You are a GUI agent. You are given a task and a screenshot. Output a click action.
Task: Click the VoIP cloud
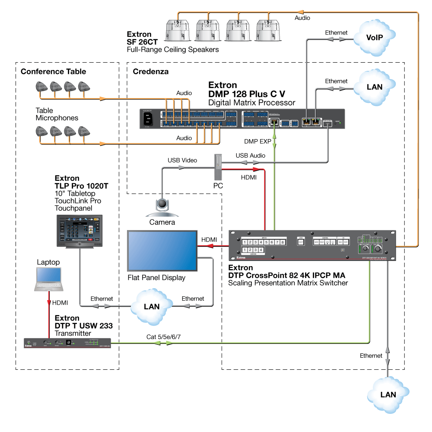click(x=375, y=37)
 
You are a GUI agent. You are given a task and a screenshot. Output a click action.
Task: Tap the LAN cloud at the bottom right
click(x=388, y=394)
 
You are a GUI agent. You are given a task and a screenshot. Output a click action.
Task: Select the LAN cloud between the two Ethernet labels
click(x=151, y=306)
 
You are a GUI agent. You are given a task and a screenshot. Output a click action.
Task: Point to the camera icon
click(x=162, y=206)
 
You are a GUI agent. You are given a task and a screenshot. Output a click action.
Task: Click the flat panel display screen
click(x=162, y=251)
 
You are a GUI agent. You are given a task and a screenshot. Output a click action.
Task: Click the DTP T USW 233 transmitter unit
click(x=67, y=343)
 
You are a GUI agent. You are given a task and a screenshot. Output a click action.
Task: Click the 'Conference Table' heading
click(x=53, y=71)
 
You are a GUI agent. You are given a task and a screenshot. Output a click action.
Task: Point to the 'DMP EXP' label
click(x=257, y=141)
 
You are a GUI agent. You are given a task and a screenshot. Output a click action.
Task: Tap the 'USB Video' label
click(x=182, y=160)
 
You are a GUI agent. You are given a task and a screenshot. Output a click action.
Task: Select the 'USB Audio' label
click(x=251, y=155)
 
